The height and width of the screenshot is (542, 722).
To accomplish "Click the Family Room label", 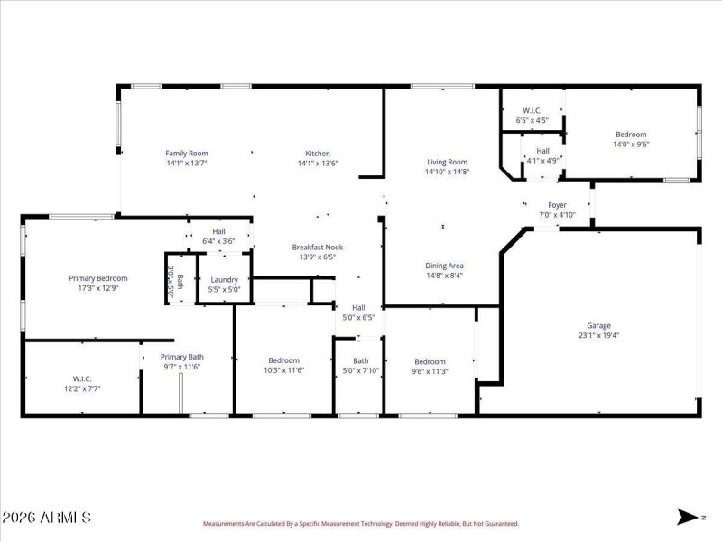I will (x=187, y=154).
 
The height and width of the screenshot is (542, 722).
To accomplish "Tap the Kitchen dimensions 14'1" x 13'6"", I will (x=318, y=164).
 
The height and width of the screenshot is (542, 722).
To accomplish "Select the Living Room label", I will (x=448, y=162).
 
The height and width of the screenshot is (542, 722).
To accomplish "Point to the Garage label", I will (x=598, y=325).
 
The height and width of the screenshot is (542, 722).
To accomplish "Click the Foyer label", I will (x=557, y=205).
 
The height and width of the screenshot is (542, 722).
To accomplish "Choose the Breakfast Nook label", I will (x=317, y=247).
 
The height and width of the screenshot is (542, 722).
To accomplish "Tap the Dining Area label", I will (x=445, y=266).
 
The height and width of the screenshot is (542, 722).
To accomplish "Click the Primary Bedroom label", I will (x=98, y=278).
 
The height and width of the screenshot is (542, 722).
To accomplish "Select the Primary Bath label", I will (x=182, y=357).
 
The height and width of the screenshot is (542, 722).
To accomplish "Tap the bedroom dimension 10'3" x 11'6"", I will (x=283, y=370).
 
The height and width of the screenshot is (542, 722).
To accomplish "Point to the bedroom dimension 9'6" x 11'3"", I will (x=430, y=371).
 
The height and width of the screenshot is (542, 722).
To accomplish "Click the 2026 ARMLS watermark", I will (x=46, y=518).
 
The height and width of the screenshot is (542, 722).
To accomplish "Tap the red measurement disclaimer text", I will (x=360, y=523).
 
